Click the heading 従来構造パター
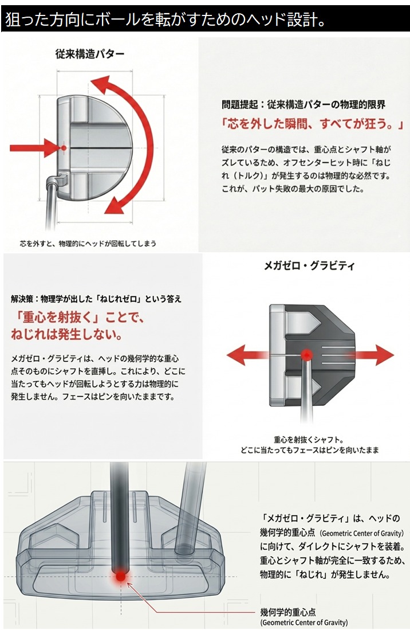coord(89,54)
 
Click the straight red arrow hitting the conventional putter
coord(34,148)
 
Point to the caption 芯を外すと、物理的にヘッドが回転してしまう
coord(88,244)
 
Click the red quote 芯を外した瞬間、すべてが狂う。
coord(312,124)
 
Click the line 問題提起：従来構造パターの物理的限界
coord(303,105)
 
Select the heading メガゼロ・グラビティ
coord(309,265)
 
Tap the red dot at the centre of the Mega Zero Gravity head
coord(307,355)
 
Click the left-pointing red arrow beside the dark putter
coord(247,355)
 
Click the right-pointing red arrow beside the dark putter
coord(371,355)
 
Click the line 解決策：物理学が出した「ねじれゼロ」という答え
coord(96,299)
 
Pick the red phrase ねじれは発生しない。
coord(66,334)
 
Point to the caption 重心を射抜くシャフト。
coord(309,440)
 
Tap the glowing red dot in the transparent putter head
coord(120,576)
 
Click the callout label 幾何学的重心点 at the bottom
coord(287,612)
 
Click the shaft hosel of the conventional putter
coord(56,179)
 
